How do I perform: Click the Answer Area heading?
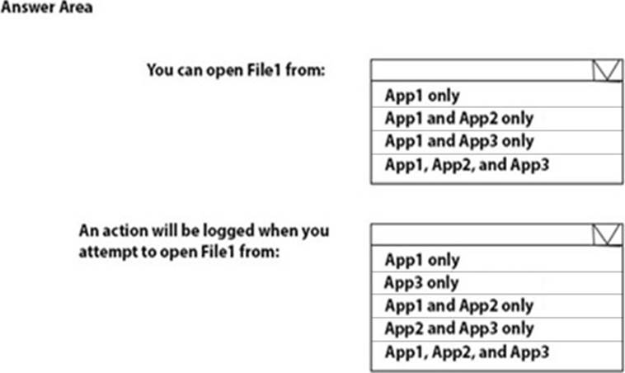[x=47, y=7]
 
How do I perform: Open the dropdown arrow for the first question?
[x=607, y=71]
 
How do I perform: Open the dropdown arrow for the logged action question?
[x=607, y=235]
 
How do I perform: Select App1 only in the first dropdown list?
[x=422, y=96]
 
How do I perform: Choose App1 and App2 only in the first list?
[x=459, y=118]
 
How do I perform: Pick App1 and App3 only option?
[x=459, y=141]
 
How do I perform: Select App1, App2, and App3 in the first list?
[x=467, y=164]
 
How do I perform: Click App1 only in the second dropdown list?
[x=422, y=260]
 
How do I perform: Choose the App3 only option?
[x=421, y=282]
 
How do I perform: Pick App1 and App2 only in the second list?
[x=459, y=305]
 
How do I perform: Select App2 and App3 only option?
[x=459, y=328]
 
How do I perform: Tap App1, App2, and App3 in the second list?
[x=467, y=352]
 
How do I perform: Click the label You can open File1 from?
[x=236, y=70]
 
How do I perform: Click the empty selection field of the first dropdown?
[x=482, y=71]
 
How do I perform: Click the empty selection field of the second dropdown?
[x=482, y=235]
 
